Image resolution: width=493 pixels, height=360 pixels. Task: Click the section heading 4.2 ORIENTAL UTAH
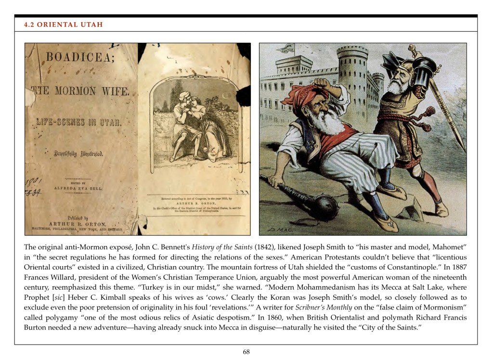64,25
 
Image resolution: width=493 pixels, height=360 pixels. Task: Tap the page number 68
246,352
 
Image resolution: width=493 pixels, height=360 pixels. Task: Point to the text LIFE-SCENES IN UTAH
79,122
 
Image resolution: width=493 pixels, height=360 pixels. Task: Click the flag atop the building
288,48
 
